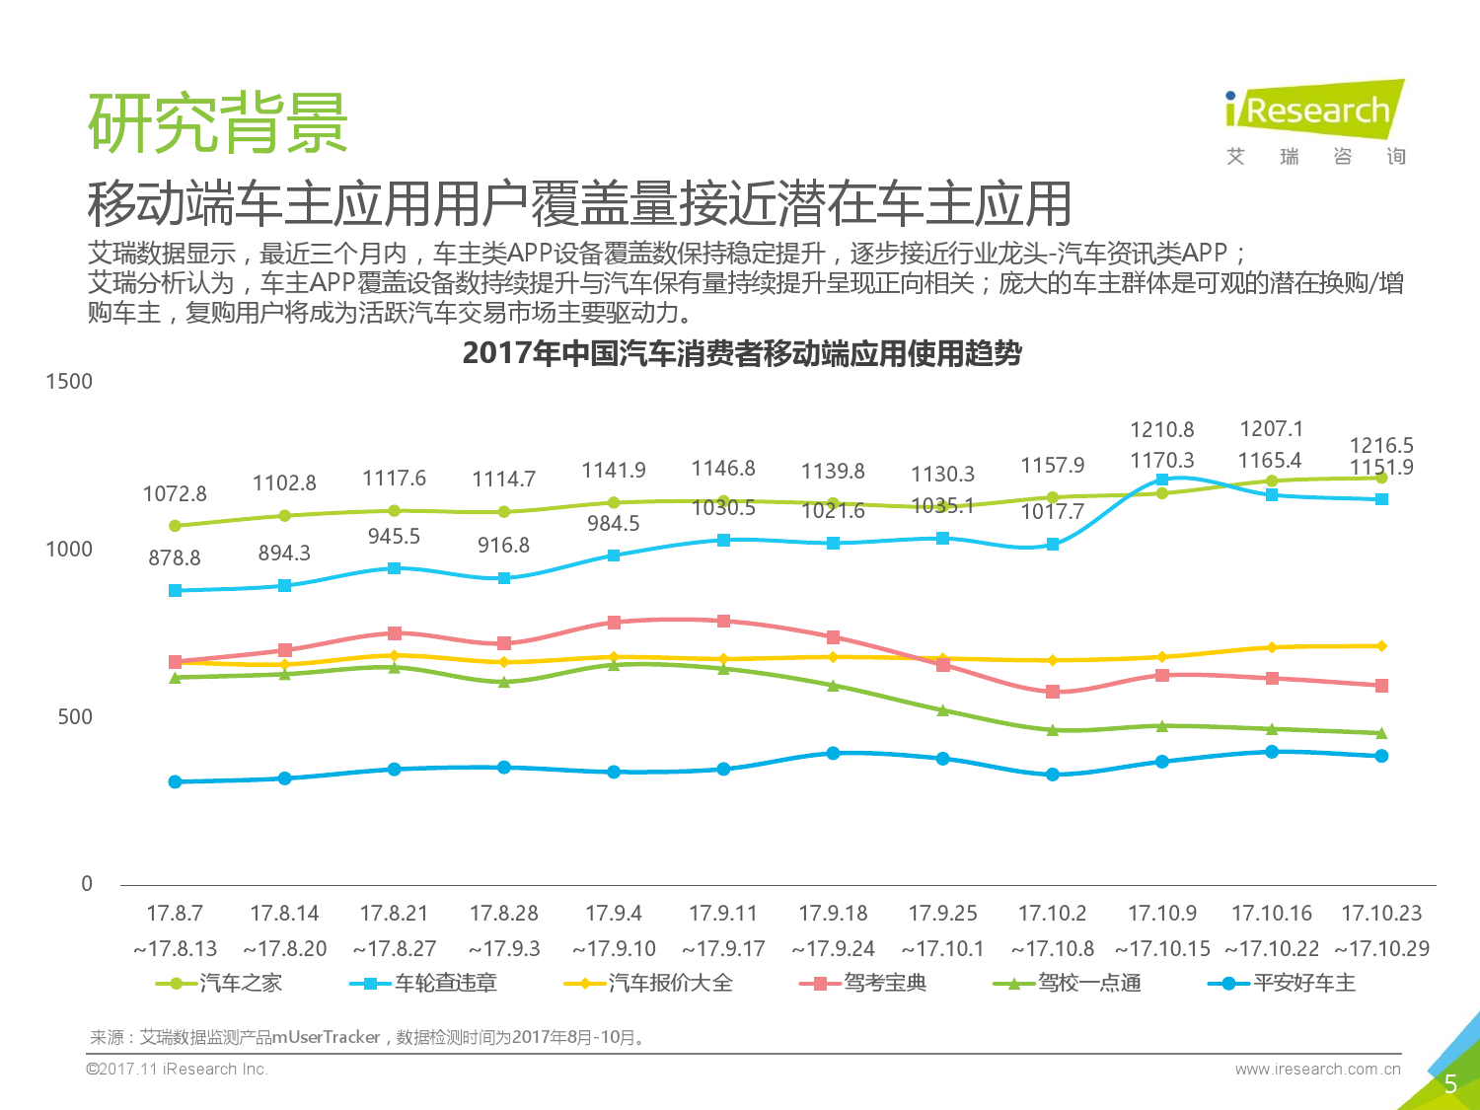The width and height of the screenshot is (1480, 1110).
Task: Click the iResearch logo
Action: pos(1314,110)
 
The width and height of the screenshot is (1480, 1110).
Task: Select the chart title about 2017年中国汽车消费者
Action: pos(741,353)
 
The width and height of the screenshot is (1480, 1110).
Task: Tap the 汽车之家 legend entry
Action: pos(220,983)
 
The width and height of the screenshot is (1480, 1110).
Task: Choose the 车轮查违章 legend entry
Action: pos(424,983)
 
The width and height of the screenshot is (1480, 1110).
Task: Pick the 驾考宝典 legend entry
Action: pos(863,983)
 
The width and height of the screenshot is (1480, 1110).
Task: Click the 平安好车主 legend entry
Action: pos(1282,983)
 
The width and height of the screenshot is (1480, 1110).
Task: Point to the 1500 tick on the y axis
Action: pos(69,382)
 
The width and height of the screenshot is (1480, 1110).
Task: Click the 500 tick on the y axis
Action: pos(75,717)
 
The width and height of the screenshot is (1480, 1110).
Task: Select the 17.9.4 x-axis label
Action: pos(613,914)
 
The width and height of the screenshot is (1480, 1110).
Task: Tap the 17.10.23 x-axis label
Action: pos(1381,914)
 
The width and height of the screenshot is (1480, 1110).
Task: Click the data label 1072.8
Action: pos(175,493)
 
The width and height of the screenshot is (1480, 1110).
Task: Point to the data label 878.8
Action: pos(175,558)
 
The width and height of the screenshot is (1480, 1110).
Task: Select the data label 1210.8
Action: pos(1161,430)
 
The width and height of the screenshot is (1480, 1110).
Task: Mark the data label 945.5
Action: pos(394,537)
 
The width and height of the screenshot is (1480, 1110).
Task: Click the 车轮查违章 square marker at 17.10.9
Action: pos(1162,480)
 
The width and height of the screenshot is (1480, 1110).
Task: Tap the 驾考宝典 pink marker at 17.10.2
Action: pos(1053,692)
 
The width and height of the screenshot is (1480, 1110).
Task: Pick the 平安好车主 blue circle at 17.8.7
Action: pos(176,781)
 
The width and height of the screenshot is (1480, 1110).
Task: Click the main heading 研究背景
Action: pos(218,124)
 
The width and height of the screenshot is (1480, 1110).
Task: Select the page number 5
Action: pos(1449,1084)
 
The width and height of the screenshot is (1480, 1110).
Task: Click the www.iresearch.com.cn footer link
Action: pos(1317,1069)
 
